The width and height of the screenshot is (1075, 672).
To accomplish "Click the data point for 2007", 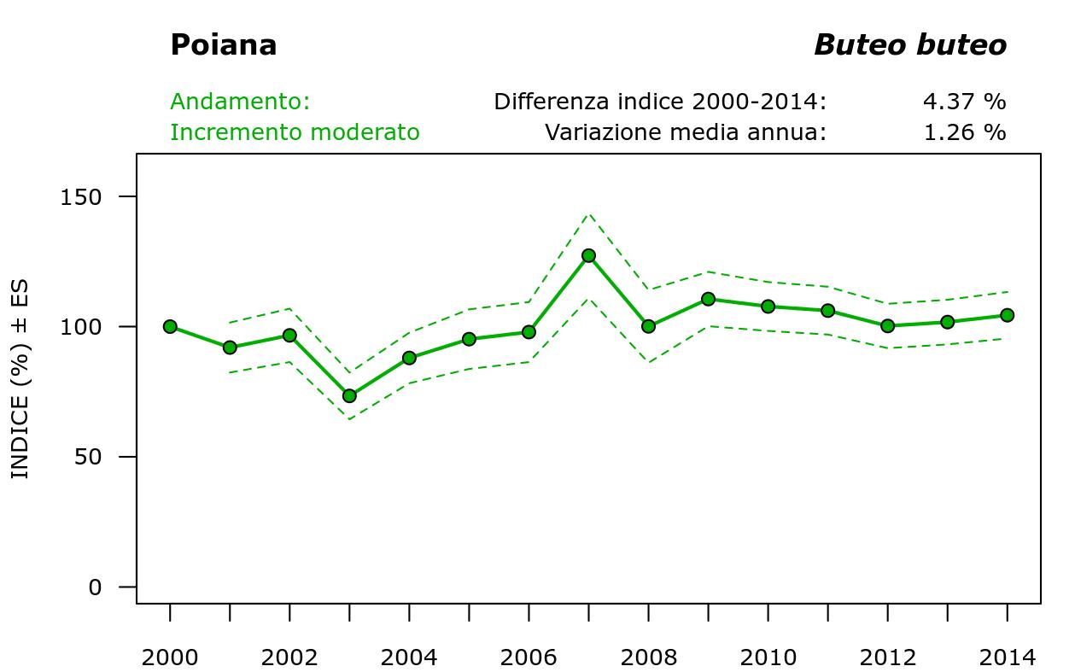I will [588, 255].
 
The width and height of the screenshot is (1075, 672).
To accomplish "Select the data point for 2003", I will [349, 395].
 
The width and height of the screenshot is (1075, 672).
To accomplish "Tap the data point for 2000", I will [170, 326].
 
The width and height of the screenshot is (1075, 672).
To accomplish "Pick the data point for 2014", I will [1007, 315].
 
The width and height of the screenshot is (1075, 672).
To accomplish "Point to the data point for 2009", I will [708, 299].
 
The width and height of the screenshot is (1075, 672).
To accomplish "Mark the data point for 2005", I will [469, 339].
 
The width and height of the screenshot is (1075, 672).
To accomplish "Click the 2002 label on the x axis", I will [289, 658].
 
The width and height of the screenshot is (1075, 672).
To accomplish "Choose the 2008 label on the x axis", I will [648, 658].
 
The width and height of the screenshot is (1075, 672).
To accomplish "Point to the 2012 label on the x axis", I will [887, 658].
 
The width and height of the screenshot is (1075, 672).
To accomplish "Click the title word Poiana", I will [224, 45].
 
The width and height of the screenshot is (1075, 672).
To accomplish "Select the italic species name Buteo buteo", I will [910, 45].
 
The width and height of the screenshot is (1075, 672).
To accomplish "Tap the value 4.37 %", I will [964, 102].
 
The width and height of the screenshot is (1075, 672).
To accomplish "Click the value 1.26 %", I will [964, 133].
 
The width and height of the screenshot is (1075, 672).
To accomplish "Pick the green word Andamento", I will [240, 102].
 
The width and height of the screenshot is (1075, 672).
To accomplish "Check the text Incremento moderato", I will [295, 133].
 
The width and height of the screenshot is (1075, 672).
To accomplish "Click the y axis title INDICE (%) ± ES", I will [20, 379].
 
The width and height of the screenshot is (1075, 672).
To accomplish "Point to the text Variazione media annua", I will [686, 133].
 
